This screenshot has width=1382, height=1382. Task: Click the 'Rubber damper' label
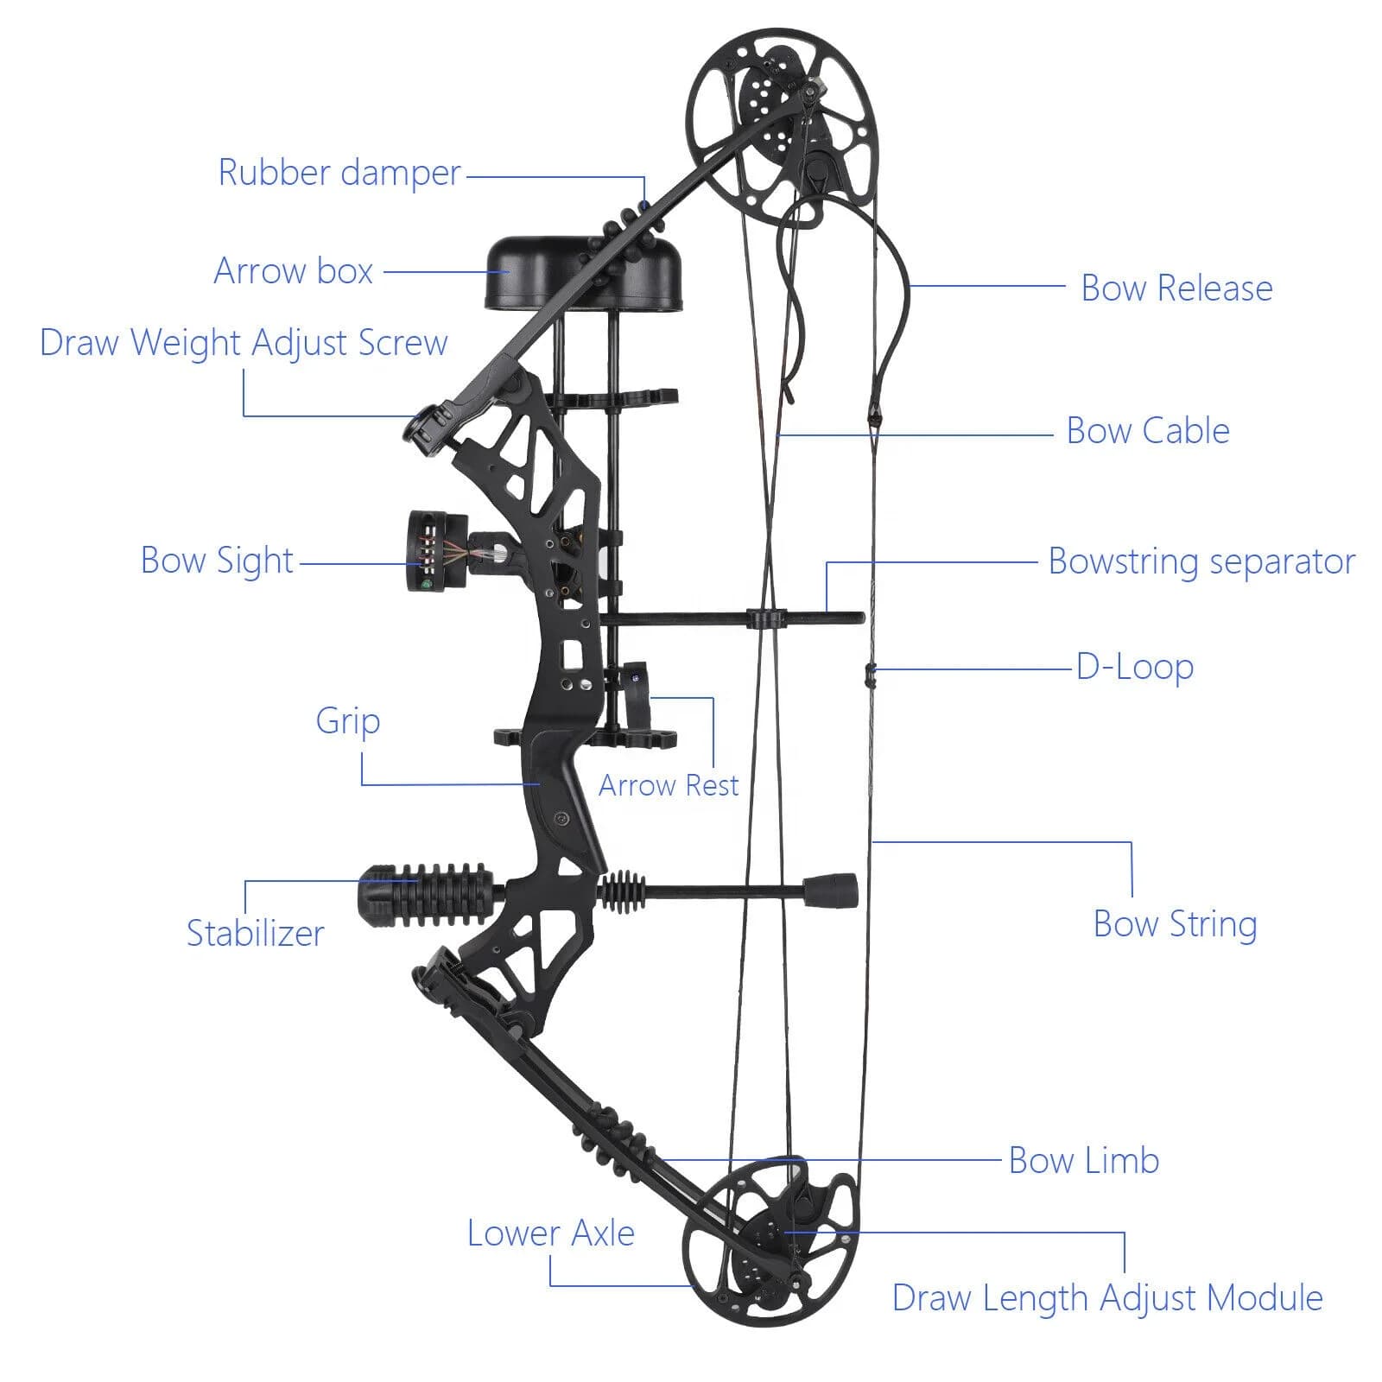[x=339, y=173]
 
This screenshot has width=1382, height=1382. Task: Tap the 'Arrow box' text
[x=294, y=271]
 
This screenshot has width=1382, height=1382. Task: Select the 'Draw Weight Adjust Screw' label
[x=244, y=343]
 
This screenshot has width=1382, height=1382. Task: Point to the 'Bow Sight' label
[x=217, y=561]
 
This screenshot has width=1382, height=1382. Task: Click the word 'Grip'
[x=348, y=721]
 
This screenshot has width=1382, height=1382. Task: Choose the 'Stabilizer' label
[x=256, y=934]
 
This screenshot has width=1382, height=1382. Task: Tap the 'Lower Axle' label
[x=551, y=1233]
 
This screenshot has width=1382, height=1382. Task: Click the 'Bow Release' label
[x=1177, y=288]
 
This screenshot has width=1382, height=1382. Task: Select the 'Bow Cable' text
[x=1148, y=431]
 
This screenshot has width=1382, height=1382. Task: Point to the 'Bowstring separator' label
[x=1202, y=561]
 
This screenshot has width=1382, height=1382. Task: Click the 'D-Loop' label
[x=1135, y=668]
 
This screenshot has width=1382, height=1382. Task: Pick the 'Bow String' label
[x=1176, y=924]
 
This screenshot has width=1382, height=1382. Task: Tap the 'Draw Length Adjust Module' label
[x=1107, y=1298]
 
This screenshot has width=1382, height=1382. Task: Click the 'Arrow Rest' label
[x=669, y=785]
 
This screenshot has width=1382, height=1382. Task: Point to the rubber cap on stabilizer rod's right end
[x=830, y=891]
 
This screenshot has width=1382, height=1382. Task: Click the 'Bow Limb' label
[x=1084, y=1161]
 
